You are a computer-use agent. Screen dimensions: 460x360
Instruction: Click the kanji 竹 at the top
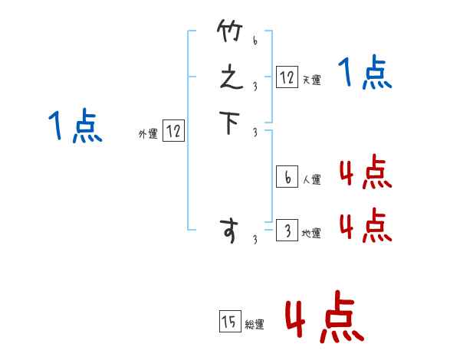229,33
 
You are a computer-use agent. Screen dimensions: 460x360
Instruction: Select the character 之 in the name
229,78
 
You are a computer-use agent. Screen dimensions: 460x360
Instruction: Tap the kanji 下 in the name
229,123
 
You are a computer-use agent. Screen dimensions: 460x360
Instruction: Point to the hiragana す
229,231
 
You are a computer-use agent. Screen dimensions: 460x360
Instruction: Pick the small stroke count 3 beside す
255,241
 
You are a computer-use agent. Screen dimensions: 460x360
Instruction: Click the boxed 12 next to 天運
287,77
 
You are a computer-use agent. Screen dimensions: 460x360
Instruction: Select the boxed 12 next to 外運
173,131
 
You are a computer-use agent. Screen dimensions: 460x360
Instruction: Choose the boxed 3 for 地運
287,231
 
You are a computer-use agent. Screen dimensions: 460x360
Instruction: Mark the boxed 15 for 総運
229,322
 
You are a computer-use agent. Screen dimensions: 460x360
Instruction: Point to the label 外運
148,134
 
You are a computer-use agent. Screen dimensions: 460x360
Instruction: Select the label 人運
312,180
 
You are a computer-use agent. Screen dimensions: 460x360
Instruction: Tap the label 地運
312,234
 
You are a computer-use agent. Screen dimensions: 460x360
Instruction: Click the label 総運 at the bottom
255,325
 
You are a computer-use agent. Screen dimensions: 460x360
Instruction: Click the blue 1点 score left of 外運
75,126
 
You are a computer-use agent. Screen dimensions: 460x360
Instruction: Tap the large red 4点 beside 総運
324,316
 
